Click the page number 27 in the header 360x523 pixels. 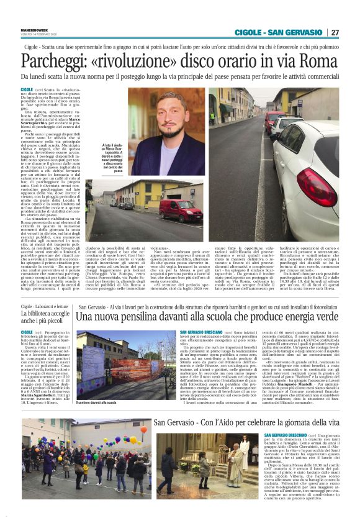(335, 32)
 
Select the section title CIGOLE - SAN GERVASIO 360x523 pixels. (280, 32)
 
